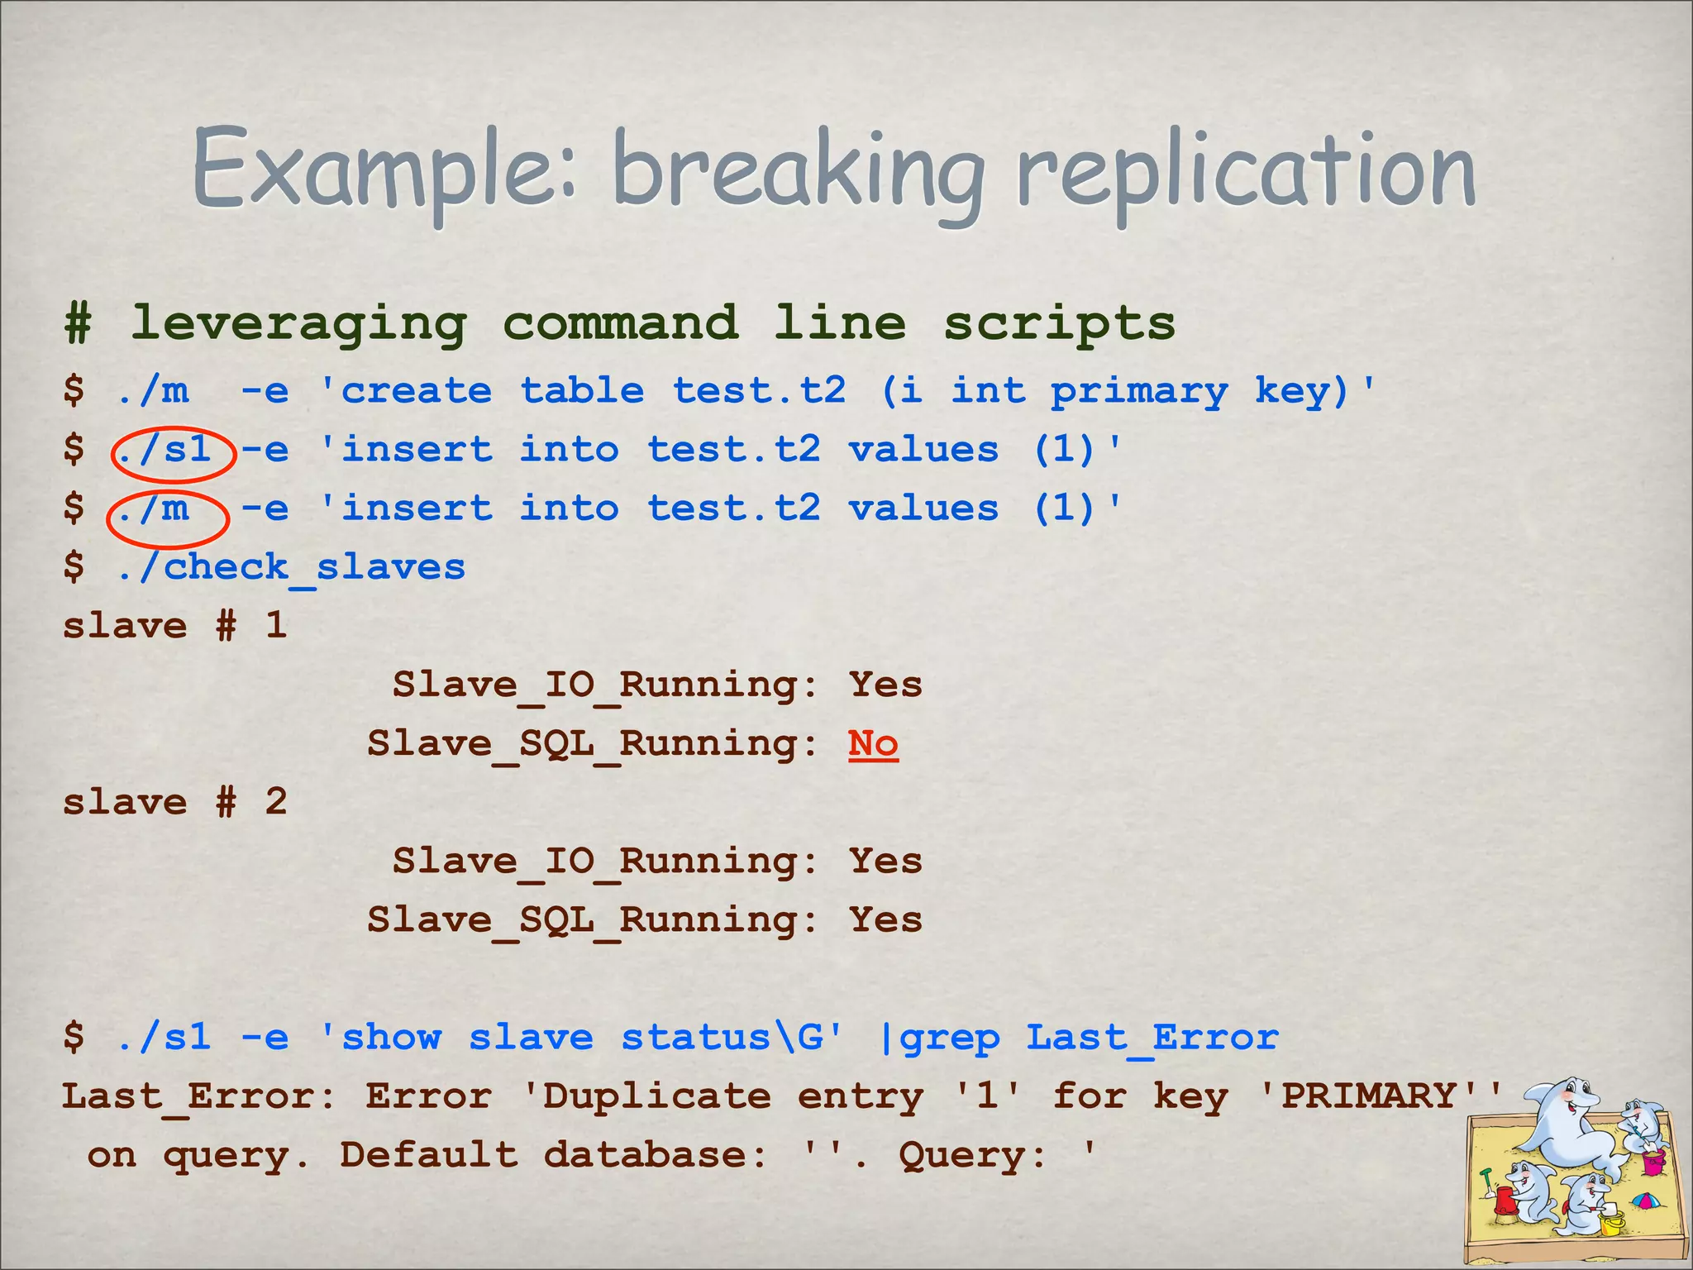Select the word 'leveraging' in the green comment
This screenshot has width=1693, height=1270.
coord(298,323)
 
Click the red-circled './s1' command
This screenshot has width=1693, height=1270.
coord(165,450)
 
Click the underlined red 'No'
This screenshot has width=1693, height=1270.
coord(873,744)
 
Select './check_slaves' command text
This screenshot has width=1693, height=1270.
coord(291,567)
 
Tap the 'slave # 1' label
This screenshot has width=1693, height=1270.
coord(174,626)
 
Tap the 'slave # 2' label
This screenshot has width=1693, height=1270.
coord(174,802)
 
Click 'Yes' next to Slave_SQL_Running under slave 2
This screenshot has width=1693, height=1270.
coord(885,920)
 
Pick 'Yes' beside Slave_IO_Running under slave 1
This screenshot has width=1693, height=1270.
coord(885,685)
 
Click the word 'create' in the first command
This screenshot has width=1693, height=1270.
coord(417,391)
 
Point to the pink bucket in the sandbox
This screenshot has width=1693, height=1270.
coord(1652,1162)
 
